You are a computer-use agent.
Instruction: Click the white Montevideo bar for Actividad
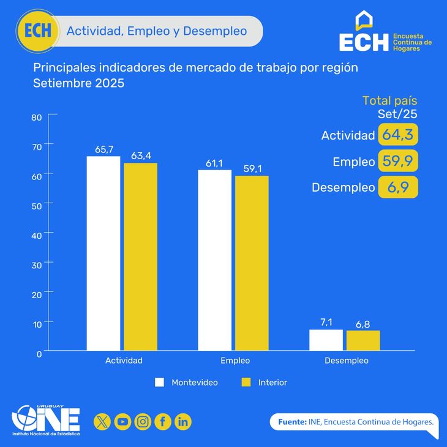click(x=103, y=254)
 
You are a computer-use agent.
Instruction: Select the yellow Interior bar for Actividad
click(x=141, y=257)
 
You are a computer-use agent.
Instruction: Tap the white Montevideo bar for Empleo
click(x=214, y=260)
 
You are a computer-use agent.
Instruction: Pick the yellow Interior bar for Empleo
click(x=252, y=263)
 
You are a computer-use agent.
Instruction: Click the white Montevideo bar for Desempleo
click(x=326, y=340)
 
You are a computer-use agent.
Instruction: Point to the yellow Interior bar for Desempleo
click(x=363, y=340)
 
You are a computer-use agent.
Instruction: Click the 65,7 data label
click(x=103, y=150)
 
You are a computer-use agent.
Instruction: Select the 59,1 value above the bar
click(x=252, y=169)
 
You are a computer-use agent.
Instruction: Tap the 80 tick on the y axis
click(x=36, y=117)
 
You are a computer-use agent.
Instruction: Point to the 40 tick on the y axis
click(x=36, y=235)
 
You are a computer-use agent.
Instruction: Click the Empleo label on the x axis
click(x=235, y=361)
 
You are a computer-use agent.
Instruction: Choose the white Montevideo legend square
click(x=160, y=382)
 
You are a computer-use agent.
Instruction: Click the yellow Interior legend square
click(x=247, y=382)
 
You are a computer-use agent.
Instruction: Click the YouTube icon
click(x=122, y=421)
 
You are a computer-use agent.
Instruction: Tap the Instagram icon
click(x=143, y=421)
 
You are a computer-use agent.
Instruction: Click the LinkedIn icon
click(x=183, y=421)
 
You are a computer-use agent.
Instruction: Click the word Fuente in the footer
click(x=291, y=422)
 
